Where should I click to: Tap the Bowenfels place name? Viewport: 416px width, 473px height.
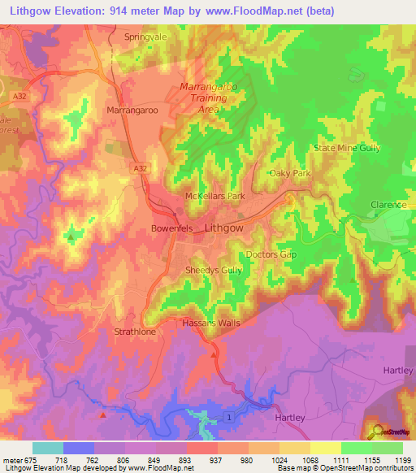coord(171,229)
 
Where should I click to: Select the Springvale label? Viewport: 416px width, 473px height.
coord(145,37)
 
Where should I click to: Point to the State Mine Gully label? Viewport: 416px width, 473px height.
coord(347,148)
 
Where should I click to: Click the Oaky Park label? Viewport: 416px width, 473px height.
coord(290,174)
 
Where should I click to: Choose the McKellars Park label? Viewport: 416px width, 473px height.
coord(214,197)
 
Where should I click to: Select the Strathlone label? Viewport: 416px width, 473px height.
coord(135,332)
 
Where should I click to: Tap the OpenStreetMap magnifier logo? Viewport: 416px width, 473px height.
coord(375,431)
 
